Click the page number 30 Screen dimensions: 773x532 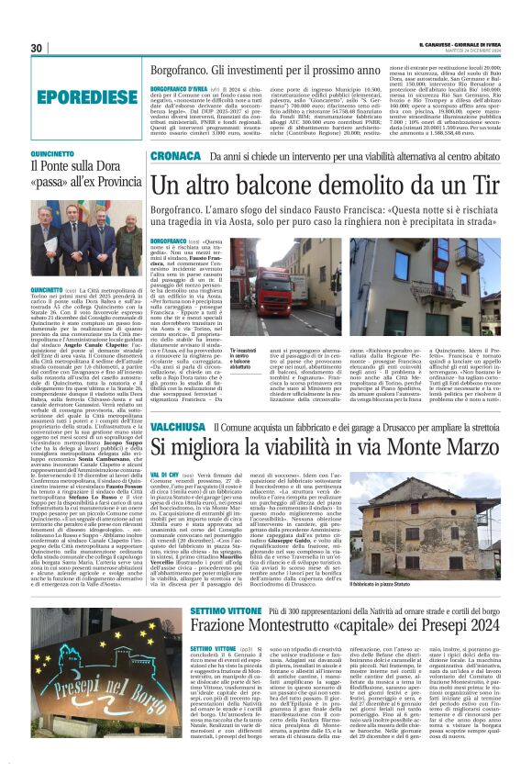pos(38,49)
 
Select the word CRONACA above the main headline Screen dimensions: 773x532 pos(174,157)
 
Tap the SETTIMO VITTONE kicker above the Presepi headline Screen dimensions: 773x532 pos(196,609)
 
